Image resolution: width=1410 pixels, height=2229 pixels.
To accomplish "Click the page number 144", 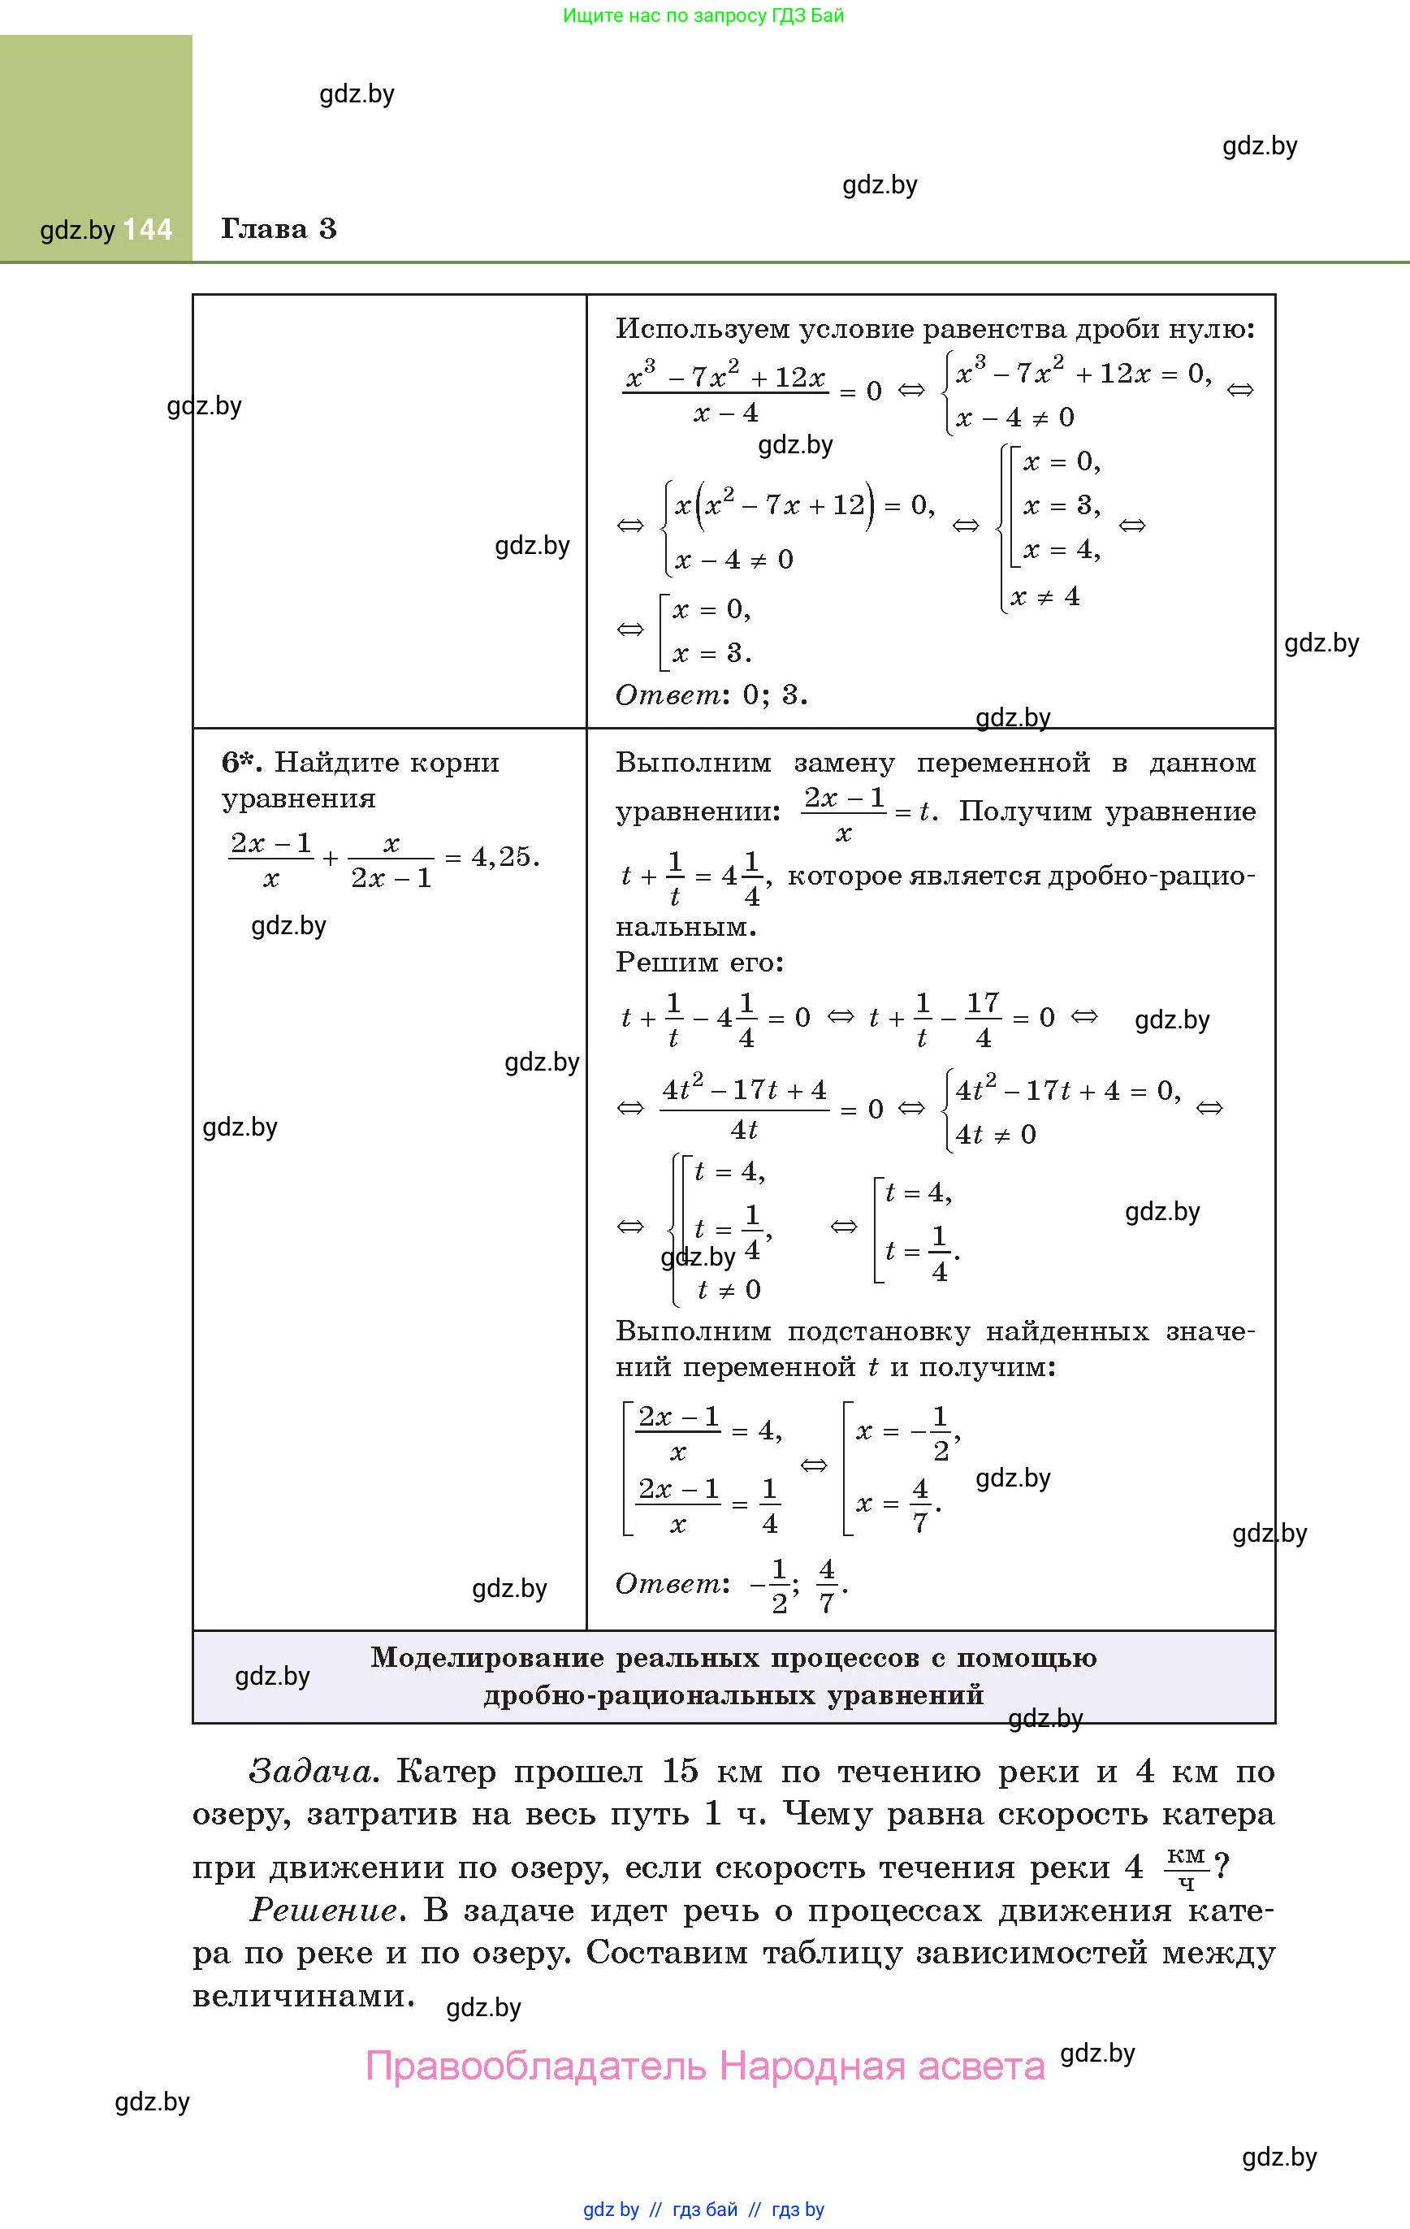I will (147, 230).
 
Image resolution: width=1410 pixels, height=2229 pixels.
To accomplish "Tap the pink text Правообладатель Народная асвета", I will (704, 2065).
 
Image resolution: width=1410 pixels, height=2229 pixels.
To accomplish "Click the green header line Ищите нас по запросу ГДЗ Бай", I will (703, 15).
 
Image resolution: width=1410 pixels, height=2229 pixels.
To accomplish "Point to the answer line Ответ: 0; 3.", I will (710, 695).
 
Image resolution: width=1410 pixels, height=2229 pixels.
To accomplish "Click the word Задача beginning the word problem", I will (309, 1772).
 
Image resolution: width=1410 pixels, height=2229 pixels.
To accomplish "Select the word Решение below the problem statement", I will (323, 1910).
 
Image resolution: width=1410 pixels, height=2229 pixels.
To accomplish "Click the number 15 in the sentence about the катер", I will (680, 1771).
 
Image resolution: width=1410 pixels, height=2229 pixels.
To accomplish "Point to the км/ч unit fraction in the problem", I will (1186, 1867).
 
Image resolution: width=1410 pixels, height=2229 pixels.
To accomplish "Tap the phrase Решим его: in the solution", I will (699, 962).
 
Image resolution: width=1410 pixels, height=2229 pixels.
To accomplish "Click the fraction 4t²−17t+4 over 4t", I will (743, 1109).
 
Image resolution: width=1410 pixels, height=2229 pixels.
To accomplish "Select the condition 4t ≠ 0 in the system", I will (995, 1134).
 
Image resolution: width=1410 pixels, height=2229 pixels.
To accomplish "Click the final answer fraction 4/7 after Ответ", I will (827, 1586).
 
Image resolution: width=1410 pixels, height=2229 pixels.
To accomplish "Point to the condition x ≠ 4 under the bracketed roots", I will (1045, 596).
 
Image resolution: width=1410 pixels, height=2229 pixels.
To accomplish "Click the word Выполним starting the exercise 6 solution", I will (693, 763).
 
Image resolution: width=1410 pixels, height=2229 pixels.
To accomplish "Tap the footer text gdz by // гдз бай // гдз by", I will (703, 2210).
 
